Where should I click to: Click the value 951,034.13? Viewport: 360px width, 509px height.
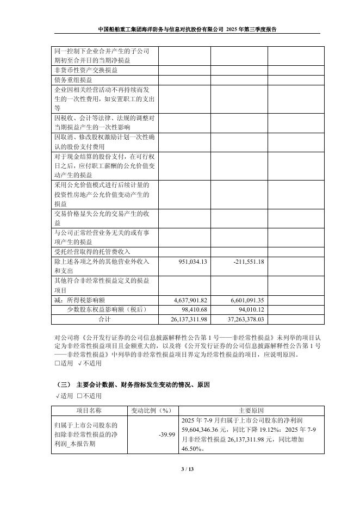point(193,262)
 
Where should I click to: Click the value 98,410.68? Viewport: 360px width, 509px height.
point(194,309)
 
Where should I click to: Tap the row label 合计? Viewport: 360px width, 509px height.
point(104,319)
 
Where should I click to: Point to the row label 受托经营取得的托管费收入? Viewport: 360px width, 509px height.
point(92,252)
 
